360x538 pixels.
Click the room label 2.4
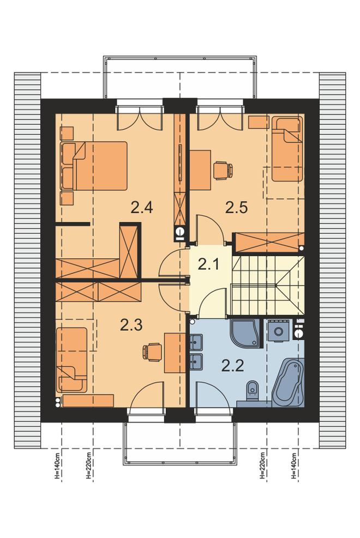coord(141,208)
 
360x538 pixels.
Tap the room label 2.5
coord(236,208)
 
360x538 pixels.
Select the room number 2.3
coord(131,324)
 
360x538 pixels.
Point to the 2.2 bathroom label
coord(233,366)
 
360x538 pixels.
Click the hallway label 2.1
coord(209,264)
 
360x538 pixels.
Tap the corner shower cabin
coord(247,333)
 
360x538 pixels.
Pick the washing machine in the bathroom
coord(278,330)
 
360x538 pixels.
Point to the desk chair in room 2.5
coord(223,170)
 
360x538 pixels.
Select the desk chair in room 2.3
coord(152,352)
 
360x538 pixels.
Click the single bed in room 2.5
coord(287,149)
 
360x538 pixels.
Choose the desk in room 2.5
coord(200,170)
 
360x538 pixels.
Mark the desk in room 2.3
coord(175,352)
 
